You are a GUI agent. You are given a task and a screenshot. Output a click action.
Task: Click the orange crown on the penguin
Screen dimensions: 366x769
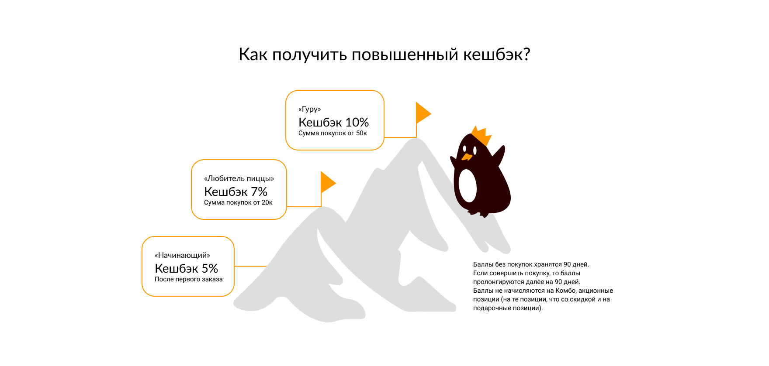click(481, 136)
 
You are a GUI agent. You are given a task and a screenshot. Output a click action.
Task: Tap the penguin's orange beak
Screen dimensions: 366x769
click(466, 156)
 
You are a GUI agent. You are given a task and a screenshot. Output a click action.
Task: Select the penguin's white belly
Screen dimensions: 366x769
click(468, 185)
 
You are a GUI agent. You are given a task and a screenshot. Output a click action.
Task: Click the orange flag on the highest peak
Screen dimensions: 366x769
click(422, 113)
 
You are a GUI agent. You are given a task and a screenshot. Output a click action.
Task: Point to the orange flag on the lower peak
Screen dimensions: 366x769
click(327, 182)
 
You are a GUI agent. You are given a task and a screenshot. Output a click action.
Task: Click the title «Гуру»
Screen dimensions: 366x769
click(309, 109)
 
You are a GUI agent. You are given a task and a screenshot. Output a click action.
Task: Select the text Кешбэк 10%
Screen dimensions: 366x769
click(333, 122)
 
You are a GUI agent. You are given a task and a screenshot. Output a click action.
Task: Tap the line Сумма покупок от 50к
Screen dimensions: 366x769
click(333, 133)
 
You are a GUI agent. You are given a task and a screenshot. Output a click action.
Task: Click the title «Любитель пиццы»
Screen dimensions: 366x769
click(239, 178)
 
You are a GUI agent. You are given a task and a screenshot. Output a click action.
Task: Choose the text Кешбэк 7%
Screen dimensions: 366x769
click(236, 192)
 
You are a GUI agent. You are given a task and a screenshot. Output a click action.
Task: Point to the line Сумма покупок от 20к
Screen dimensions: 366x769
click(238, 202)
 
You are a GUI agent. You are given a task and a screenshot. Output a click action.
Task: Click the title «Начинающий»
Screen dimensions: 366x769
click(182, 255)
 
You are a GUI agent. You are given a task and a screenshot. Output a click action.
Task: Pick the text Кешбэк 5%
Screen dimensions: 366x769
click(186, 268)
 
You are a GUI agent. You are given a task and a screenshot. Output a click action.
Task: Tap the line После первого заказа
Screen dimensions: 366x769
click(188, 279)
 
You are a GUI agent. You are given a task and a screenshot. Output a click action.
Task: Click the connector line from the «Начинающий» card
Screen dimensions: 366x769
click(250, 266)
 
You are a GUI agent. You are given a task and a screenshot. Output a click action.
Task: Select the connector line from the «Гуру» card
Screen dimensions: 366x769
click(400, 137)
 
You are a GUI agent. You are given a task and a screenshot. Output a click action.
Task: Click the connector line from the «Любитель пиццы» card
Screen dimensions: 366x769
click(304, 207)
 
